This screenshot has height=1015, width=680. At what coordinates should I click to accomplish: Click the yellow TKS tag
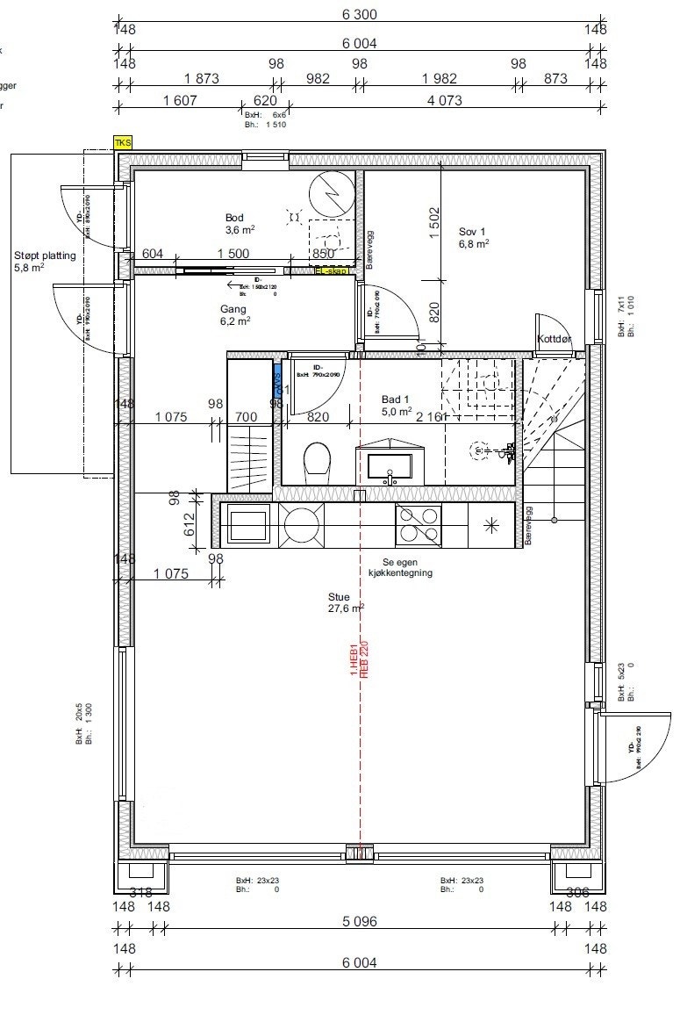click(x=122, y=141)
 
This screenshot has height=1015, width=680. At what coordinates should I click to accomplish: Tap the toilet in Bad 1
click(x=317, y=459)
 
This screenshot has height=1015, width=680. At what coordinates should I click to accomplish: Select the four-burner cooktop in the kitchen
click(x=419, y=524)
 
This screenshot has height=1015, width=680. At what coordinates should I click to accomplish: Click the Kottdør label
click(x=555, y=339)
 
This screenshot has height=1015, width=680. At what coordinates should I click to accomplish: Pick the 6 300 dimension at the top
click(x=357, y=14)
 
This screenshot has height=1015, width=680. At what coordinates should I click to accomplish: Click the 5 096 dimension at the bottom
click(x=357, y=922)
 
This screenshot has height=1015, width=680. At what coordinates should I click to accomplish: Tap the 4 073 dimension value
click(x=444, y=100)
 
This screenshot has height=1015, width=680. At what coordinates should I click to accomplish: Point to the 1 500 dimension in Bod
click(x=233, y=254)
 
